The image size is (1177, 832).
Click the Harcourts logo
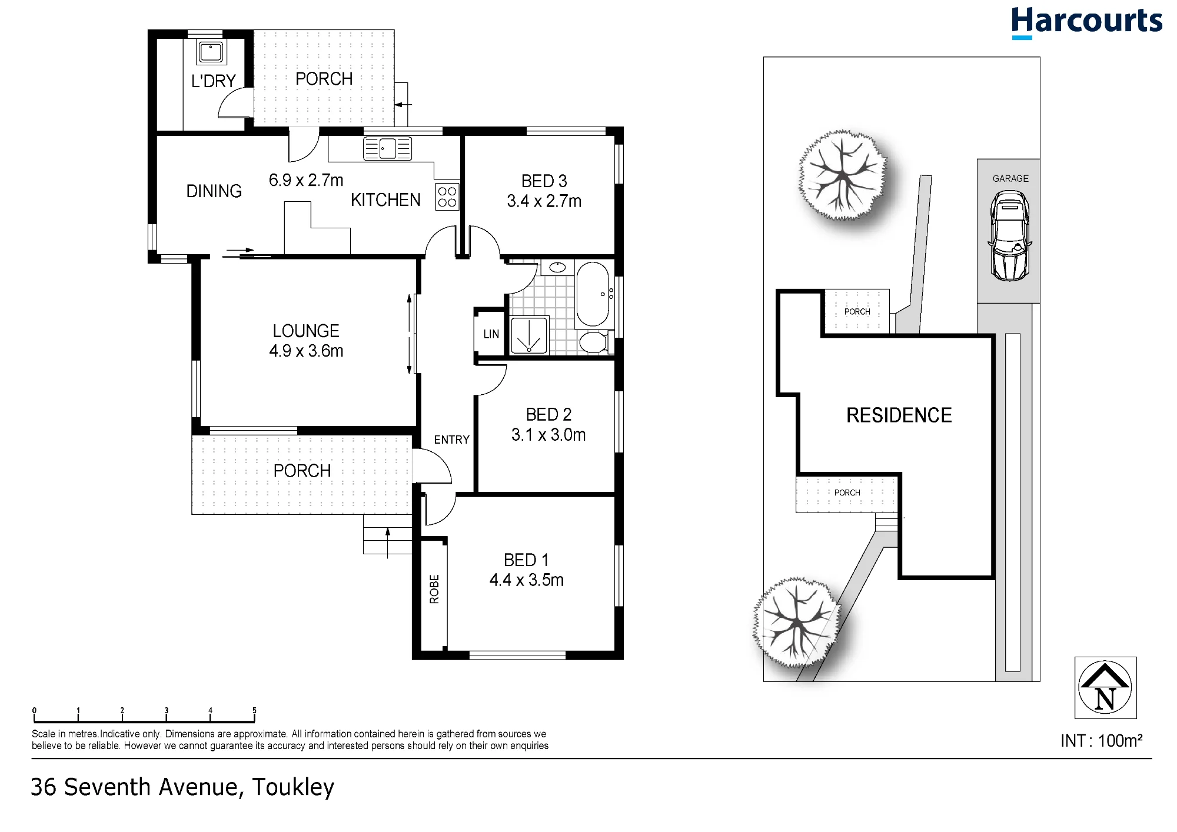(x=1086, y=22)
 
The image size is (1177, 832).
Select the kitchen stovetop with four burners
(x=447, y=197)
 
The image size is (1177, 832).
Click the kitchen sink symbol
(x=387, y=148)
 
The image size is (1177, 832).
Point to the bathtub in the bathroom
(x=593, y=294)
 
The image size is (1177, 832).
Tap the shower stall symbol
(x=529, y=335)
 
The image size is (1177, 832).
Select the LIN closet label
(x=491, y=334)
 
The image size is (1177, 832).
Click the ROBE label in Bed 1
(x=434, y=589)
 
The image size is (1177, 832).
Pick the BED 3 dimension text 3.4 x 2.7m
(x=544, y=201)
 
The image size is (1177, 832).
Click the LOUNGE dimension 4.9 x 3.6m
(x=306, y=351)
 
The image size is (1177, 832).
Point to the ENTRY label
(x=451, y=440)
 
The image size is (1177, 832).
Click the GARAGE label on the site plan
(x=1010, y=178)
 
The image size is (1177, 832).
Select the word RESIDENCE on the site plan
(x=899, y=415)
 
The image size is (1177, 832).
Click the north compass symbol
(x=1105, y=687)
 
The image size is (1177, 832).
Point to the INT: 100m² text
(x=1101, y=740)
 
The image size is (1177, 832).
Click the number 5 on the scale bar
(x=254, y=710)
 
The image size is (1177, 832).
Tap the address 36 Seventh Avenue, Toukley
(x=182, y=787)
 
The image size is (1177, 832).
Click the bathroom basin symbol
(x=557, y=268)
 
